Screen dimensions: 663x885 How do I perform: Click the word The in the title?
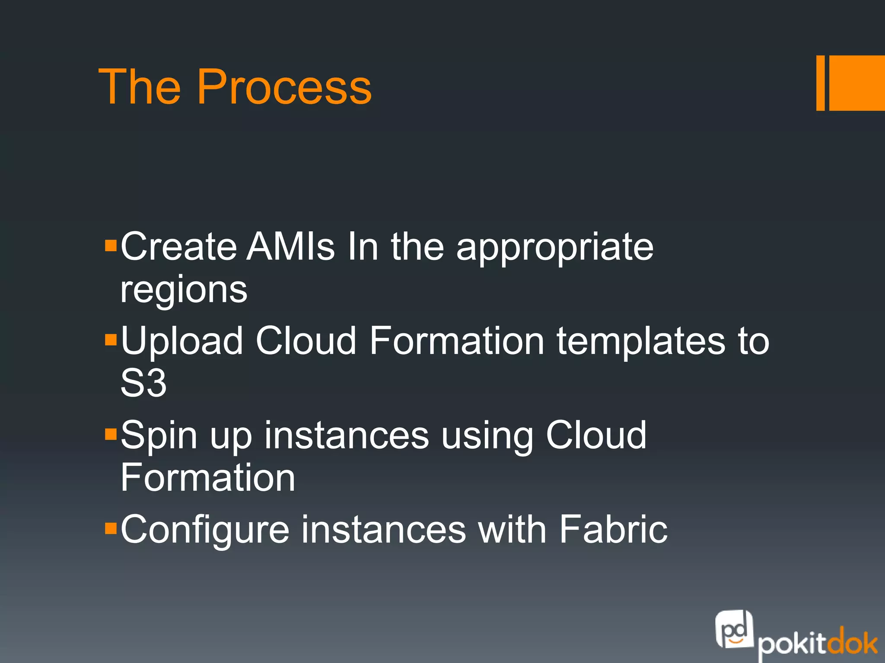(139, 88)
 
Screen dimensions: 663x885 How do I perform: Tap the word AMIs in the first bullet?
(290, 247)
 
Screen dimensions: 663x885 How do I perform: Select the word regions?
(184, 290)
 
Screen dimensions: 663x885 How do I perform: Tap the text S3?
(143, 383)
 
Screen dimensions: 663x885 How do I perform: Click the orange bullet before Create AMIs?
(111, 246)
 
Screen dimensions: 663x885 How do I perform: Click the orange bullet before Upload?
(111, 340)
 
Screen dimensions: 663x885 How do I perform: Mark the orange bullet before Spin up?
(111, 434)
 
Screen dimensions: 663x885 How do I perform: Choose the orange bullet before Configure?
(111, 528)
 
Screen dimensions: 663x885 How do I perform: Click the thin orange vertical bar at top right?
(820, 83)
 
